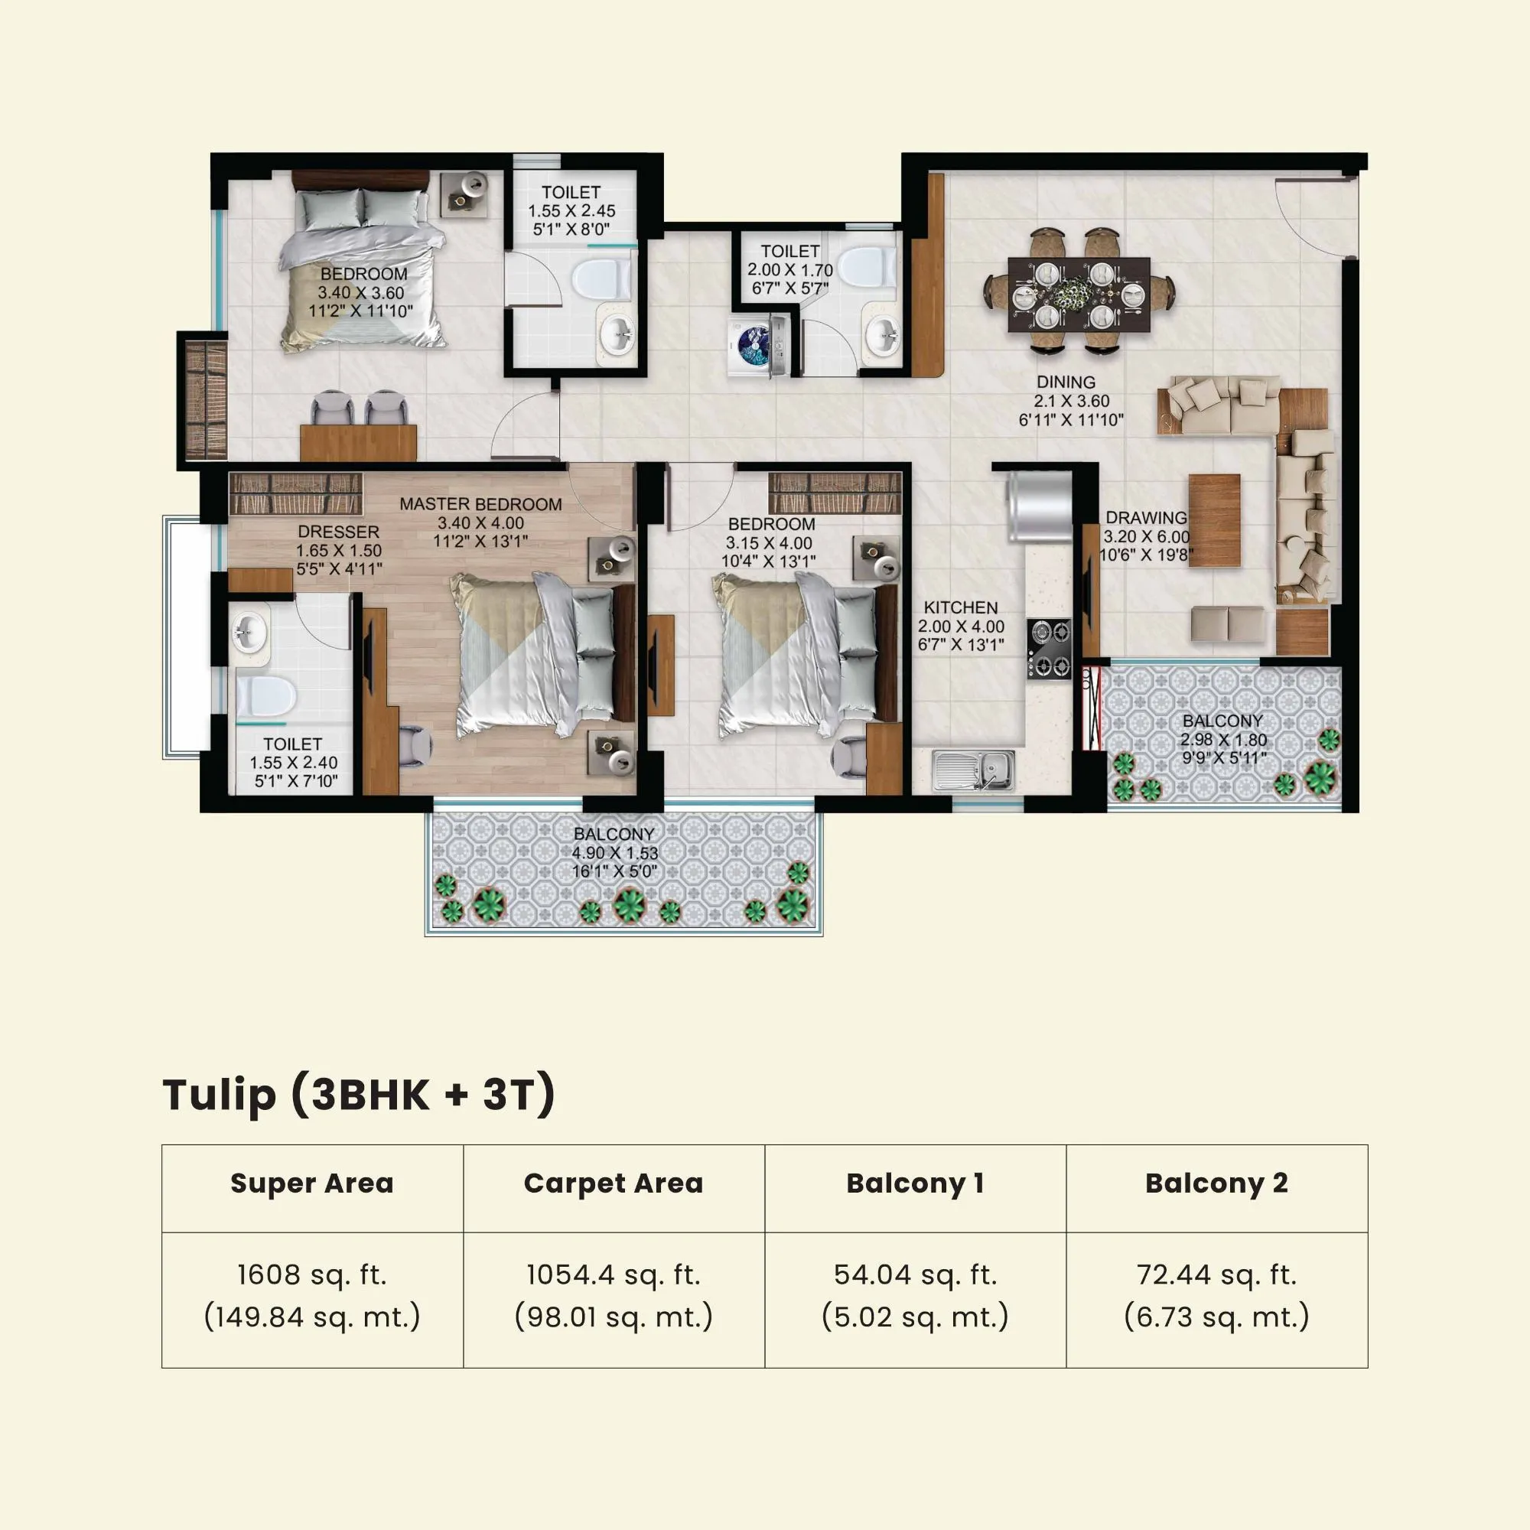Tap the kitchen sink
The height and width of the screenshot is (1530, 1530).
[973, 769]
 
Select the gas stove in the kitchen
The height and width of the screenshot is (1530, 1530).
[1049, 649]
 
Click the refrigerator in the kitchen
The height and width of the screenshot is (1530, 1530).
[1039, 507]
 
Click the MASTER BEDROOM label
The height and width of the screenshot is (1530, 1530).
[480, 504]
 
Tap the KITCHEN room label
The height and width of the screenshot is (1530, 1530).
[961, 607]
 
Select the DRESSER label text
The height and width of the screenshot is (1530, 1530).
[338, 532]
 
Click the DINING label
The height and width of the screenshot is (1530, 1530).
[1066, 382]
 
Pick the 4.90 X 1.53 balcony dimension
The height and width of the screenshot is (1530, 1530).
[614, 853]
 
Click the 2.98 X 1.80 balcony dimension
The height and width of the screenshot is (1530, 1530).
[1222, 740]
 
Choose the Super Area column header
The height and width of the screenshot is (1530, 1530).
[312, 1183]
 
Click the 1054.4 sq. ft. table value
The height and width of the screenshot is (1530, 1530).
[614, 1275]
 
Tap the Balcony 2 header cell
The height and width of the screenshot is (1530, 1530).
[1216, 1183]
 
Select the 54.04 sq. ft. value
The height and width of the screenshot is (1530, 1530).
[915, 1275]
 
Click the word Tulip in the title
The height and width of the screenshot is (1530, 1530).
[220, 1095]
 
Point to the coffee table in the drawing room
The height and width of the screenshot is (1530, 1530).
[1214, 520]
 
